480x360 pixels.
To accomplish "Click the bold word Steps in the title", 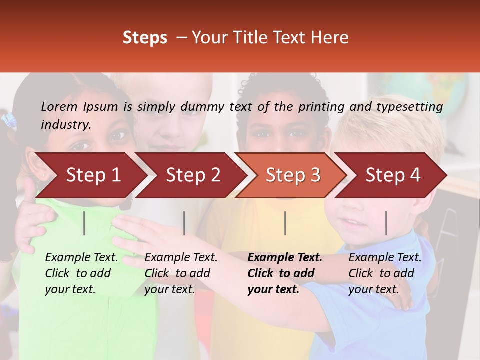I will point(145,38).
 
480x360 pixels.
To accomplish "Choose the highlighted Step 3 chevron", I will point(293,175).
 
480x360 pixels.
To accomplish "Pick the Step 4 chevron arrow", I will point(393,175).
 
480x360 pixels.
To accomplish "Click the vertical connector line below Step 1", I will point(84,223).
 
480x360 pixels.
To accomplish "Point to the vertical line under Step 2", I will point(184,223).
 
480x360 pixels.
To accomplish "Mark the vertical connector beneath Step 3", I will point(285,223).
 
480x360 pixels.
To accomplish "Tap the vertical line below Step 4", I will point(386,223).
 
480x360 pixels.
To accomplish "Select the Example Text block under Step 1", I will point(81,273).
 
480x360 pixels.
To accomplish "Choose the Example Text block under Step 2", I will point(181,273).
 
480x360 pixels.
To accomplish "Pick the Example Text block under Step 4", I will point(385,273).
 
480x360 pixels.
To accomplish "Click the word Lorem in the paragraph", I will point(59,106).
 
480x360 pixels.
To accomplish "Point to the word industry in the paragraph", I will point(65,125).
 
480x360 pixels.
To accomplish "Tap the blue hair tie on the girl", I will point(8,120).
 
